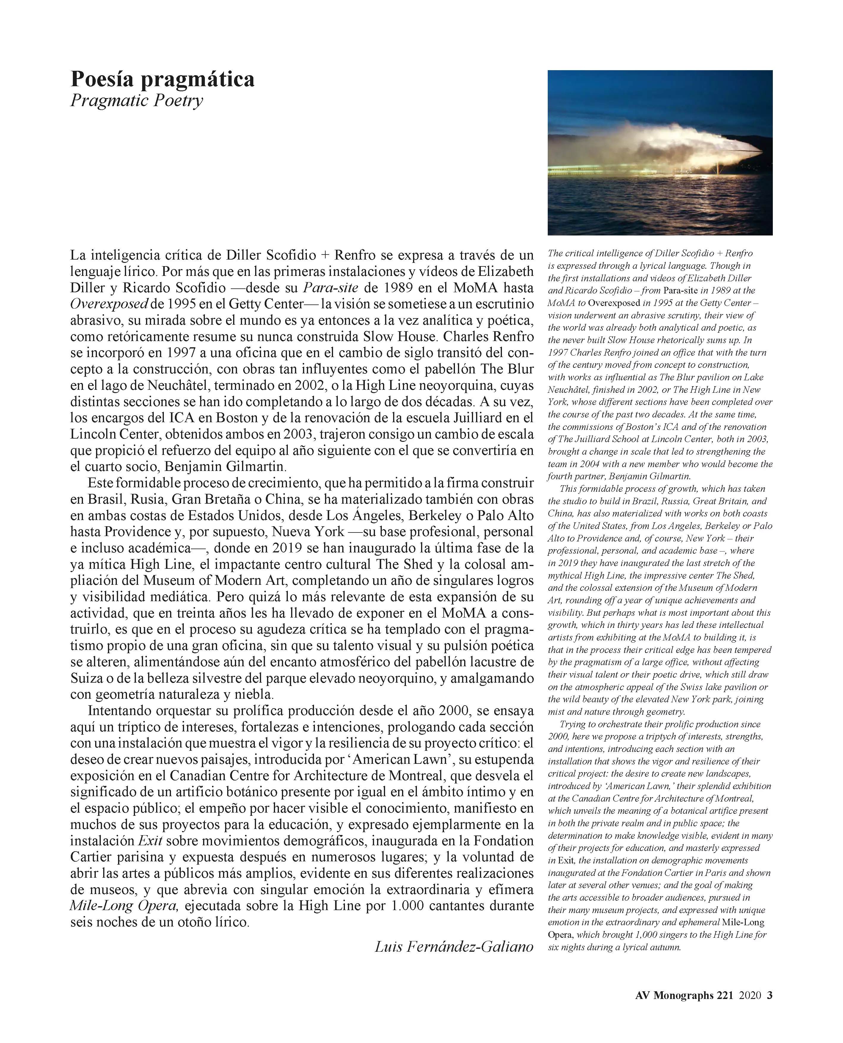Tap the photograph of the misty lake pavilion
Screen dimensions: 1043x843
(x=660, y=153)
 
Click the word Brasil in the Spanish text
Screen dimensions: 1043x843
(x=103, y=499)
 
